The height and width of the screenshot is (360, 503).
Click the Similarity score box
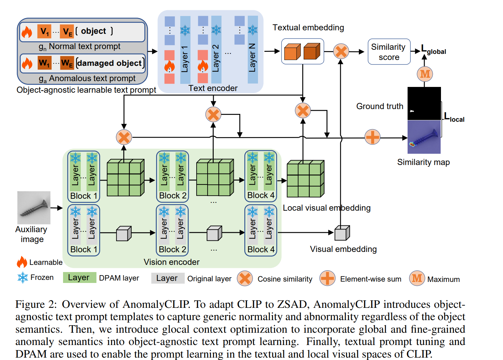pos(389,52)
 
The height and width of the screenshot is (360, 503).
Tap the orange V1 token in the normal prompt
pos(44,32)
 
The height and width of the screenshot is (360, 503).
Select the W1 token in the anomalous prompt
pos(44,63)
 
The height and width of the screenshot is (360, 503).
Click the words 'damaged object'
pos(109,63)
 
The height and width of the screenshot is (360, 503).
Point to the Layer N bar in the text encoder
pos(253,49)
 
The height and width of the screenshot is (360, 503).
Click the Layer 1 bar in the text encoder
pos(185,49)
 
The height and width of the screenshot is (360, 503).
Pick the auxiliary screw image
pos(34,208)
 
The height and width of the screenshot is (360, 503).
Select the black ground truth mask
pos(424,103)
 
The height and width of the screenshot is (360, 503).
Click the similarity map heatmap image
pos(424,137)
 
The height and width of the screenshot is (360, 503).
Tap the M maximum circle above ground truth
pos(425,74)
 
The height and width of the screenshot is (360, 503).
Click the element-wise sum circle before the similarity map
pos(372,137)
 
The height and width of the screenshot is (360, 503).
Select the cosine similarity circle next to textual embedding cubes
pos(340,51)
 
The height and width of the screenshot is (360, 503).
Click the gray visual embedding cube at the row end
pos(342,233)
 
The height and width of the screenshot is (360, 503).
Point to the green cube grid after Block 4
pos(305,179)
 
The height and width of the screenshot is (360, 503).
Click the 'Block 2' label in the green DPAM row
pos(172,196)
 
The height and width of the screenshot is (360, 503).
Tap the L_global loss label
pos(433,50)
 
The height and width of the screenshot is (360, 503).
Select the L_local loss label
pos(454,118)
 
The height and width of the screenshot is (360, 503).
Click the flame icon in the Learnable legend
pos(22,262)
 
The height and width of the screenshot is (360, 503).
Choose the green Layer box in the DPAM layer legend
pos(79,278)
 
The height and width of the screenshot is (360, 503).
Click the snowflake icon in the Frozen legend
pos(22,277)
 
